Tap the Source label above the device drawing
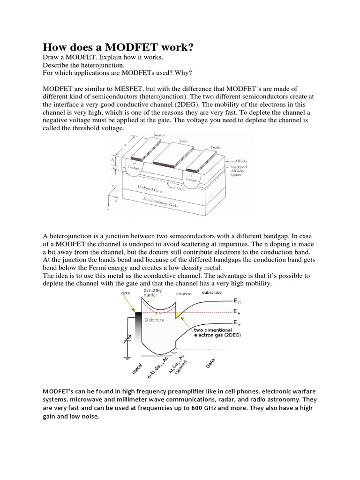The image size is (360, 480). pyautogui.click(x=160, y=135)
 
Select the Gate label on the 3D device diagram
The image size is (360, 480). pyautogui.click(x=184, y=140)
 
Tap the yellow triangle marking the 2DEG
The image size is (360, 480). pyautogui.click(x=178, y=313)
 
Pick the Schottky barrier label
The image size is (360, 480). pyautogui.click(x=150, y=293)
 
